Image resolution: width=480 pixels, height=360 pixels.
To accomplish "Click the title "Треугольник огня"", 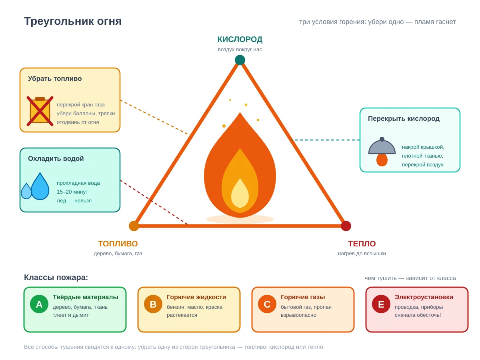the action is [x=73, y=22].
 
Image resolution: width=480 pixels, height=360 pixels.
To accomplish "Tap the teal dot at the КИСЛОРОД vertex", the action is [x=240, y=60].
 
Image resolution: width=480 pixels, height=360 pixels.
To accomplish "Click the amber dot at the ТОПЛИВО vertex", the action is [x=134, y=226].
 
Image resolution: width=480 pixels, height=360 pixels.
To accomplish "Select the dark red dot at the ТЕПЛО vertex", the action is [x=346, y=226].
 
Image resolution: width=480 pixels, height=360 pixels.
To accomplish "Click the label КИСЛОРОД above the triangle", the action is [x=240, y=39].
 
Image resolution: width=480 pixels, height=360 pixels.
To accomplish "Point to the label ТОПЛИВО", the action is [x=118, y=244].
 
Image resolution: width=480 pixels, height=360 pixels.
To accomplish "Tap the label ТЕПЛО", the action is [x=362, y=244].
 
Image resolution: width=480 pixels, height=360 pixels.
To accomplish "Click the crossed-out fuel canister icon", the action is [x=40, y=111].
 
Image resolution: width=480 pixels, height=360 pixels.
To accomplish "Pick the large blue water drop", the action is [x=40, y=186].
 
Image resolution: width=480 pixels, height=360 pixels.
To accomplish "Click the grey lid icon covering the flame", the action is [x=382, y=146].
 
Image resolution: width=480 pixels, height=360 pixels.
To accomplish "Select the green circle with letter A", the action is [x=39, y=304].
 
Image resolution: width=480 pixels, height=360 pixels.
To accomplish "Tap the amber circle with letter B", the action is [x=153, y=304].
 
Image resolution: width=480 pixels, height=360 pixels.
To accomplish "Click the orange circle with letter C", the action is [x=267, y=304].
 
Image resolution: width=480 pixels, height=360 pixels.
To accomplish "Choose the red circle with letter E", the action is [x=381, y=304].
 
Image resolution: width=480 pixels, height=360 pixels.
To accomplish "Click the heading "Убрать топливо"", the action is [x=55, y=78].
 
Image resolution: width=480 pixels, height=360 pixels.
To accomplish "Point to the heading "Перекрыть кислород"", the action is [x=404, y=118].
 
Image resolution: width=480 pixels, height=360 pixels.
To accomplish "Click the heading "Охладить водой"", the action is [x=56, y=158].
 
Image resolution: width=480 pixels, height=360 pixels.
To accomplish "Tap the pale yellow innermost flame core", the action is [x=240, y=194].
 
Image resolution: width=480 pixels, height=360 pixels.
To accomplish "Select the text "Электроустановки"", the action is [x=424, y=297].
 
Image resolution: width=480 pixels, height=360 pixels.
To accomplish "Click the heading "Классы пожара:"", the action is [x=56, y=277].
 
